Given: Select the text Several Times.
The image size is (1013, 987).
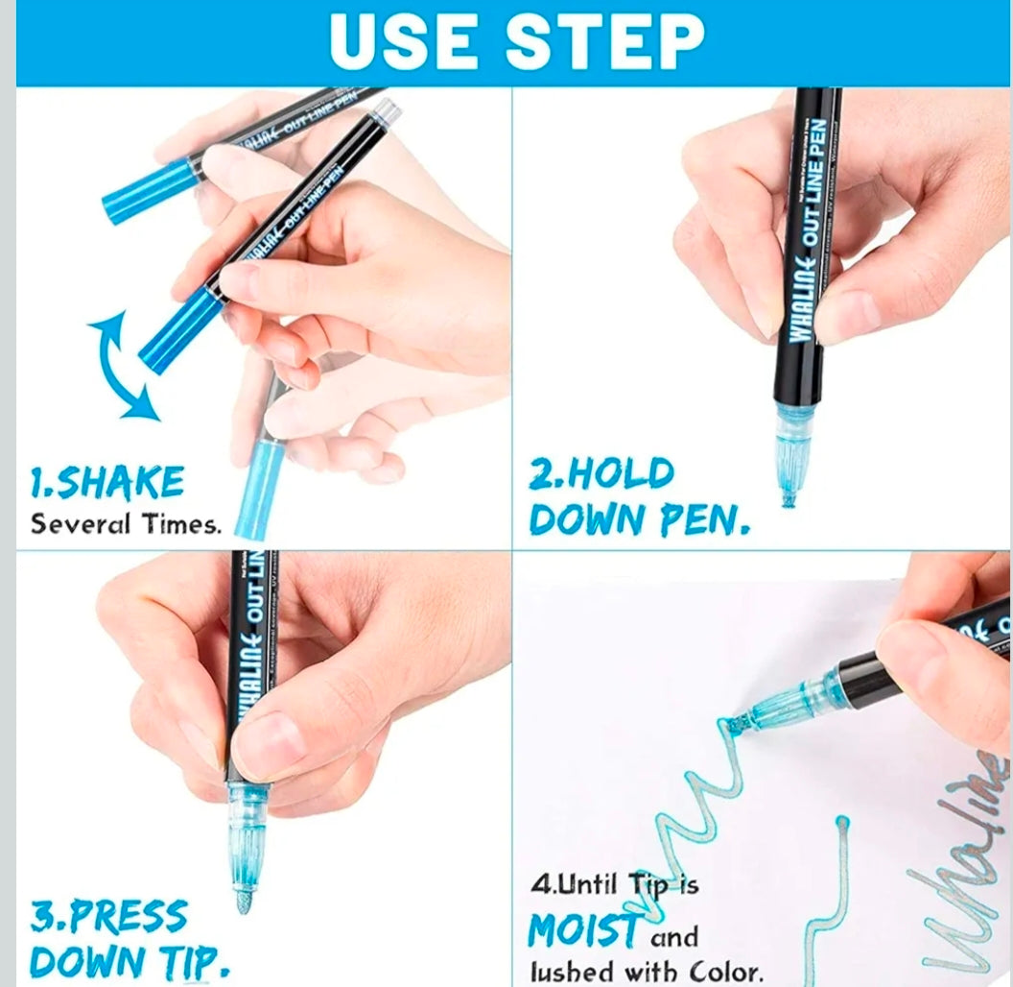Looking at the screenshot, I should click(x=126, y=525).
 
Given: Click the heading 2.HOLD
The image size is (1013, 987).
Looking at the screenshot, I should click(x=602, y=474).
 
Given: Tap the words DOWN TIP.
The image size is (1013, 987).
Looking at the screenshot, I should click(x=130, y=960).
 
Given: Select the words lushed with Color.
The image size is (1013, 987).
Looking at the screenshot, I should click(x=647, y=972).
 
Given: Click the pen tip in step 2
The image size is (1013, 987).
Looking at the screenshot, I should click(x=788, y=495).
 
